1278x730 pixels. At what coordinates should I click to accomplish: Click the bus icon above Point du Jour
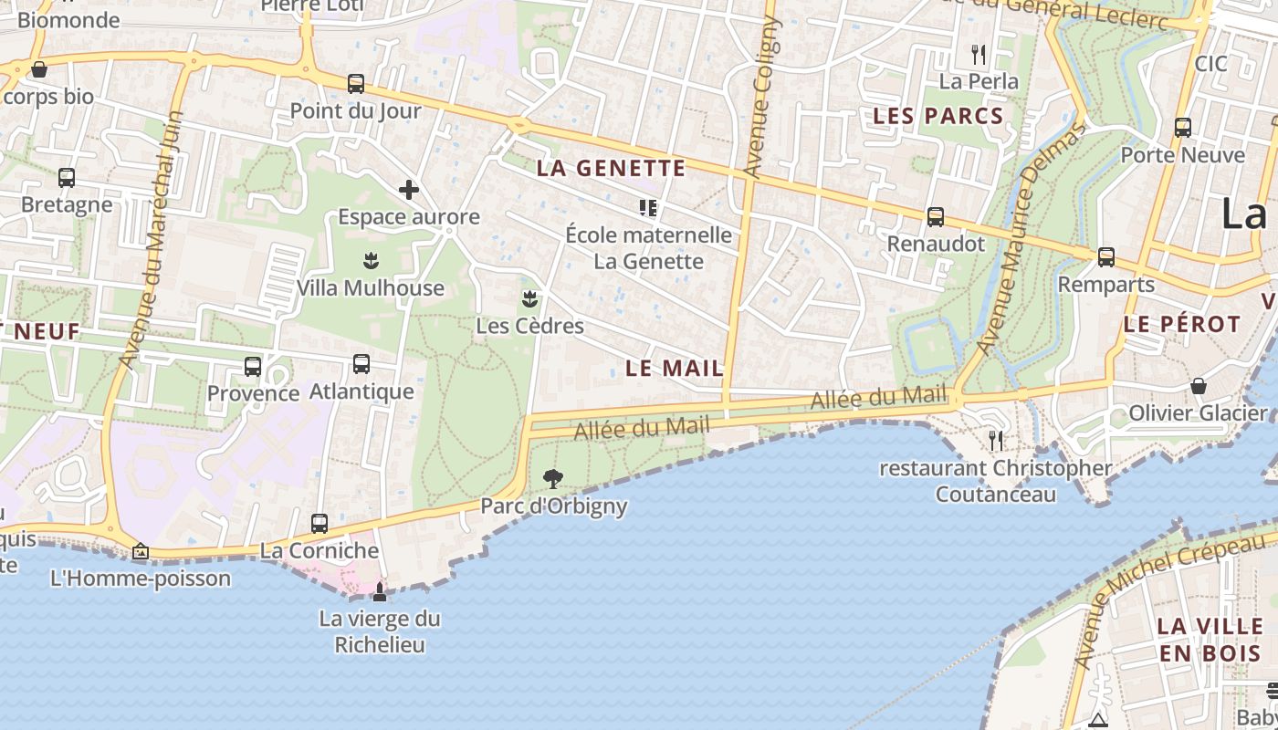tap(356, 84)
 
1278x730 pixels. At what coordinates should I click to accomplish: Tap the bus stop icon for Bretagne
tap(67, 178)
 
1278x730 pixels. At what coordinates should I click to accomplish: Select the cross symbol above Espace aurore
tap(409, 190)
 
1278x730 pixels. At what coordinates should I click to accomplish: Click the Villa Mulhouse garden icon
tap(371, 261)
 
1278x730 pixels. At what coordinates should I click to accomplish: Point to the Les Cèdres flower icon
tap(529, 298)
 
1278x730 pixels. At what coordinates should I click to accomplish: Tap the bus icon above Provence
tap(253, 367)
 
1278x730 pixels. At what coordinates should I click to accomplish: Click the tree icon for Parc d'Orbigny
tap(553, 478)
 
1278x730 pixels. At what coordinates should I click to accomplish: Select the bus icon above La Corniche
tap(319, 524)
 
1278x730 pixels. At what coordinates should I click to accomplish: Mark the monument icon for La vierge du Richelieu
tap(380, 592)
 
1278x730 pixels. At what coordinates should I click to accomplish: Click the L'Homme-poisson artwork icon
tap(141, 551)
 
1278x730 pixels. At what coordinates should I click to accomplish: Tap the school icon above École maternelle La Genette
tap(648, 208)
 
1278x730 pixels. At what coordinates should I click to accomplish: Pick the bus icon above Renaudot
tap(936, 217)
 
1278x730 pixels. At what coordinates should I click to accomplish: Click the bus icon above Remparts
tap(1106, 257)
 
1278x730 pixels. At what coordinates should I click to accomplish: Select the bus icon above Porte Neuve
tap(1183, 128)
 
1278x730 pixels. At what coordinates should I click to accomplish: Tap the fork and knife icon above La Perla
tap(979, 55)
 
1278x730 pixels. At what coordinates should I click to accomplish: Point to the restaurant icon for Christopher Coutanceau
tap(996, 441)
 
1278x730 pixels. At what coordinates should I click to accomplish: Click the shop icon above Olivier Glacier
tap(1199, 386)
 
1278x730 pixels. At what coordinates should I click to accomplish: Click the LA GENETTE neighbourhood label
tap(611, 168)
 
